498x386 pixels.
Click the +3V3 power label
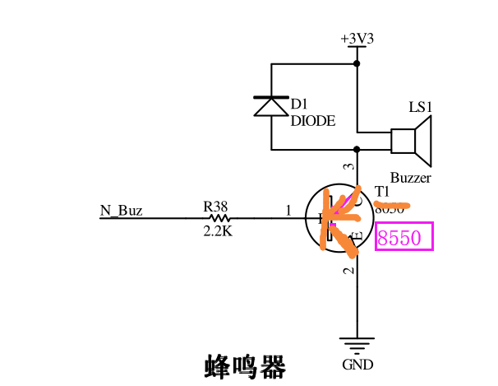pos(357,39)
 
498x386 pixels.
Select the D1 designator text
pos(299,105)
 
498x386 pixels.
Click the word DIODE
pos(313,120)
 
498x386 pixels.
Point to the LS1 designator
pos(420,108)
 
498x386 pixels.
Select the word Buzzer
pos(410,177)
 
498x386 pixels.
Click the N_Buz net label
pos(121,211)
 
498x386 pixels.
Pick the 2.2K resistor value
pos(218,232)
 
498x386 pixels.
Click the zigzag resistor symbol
pos(219,218)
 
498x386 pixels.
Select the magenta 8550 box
pos(403,239)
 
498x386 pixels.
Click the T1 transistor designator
pos(381,192)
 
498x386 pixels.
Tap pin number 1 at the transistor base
pos(288,211)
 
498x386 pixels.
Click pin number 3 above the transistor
pos(348,167)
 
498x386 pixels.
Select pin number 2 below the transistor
pos(348,269)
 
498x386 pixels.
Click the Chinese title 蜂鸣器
pos(244,365)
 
